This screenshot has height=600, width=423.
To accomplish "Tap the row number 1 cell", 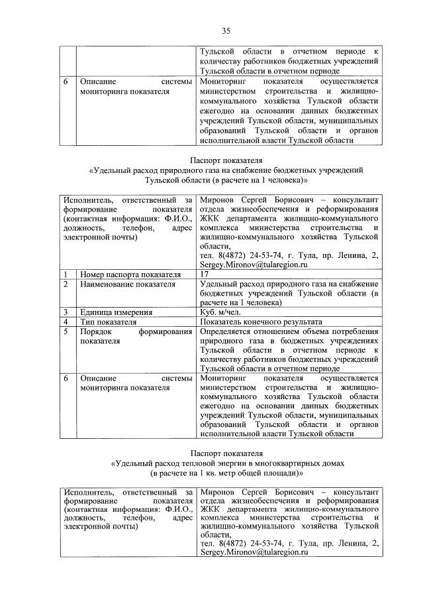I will tap(66, 274).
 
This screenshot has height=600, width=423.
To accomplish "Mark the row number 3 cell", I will tap(66, 312).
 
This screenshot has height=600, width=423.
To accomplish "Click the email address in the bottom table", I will tap(254, 552).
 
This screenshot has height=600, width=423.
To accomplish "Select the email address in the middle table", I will tap(254, 265).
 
